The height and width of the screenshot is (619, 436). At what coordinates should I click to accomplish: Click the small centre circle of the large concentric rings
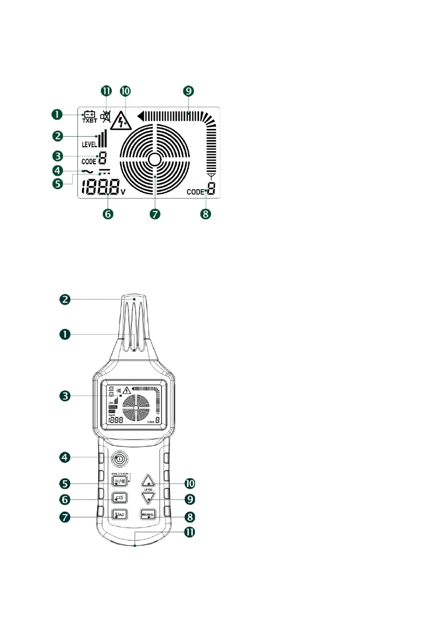pos(155,160)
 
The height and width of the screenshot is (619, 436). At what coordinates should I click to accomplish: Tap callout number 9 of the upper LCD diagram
pos(188,91)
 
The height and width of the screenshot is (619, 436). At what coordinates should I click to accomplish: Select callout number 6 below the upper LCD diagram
pos(107,213)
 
